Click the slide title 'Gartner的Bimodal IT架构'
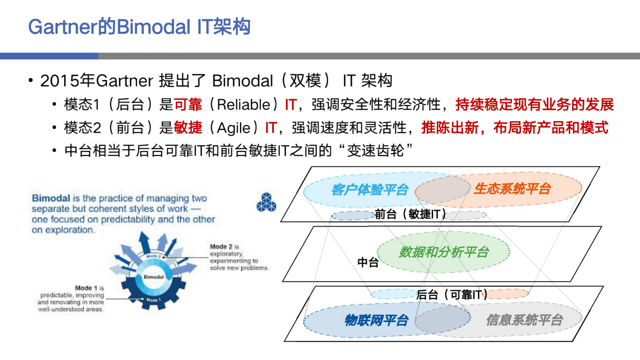139,27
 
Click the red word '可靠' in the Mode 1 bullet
188,105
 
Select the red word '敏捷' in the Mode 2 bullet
188,128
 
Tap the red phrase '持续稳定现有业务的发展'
535,105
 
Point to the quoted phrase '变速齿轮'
375,150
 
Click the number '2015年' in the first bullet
67,81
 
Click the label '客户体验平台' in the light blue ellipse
370,190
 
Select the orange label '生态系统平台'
512,189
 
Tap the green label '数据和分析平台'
444,252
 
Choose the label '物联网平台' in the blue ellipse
376,320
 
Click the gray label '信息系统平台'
524,320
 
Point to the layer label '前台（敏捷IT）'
410,214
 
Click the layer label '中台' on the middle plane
368,262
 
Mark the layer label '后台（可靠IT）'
452,295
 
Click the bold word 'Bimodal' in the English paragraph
51,198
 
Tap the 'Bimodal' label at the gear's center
154,277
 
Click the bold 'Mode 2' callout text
221,247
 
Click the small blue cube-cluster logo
266,202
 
